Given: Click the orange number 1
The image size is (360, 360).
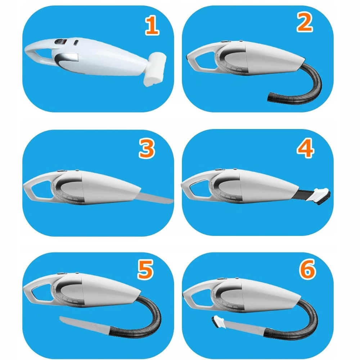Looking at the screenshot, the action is [x=152, y=27].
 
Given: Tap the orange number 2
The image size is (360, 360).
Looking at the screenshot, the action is [x=305, y=22].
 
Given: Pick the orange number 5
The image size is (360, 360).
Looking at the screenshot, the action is [x=145, y=270].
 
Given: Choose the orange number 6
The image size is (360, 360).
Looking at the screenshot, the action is [x=307, y=269].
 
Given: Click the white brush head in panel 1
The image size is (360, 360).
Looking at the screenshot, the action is [x=154, y=68].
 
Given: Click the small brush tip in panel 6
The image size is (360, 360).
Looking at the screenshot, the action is [x=217, y=321].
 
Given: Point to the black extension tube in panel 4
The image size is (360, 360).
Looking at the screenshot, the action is [x=306, y=194].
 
